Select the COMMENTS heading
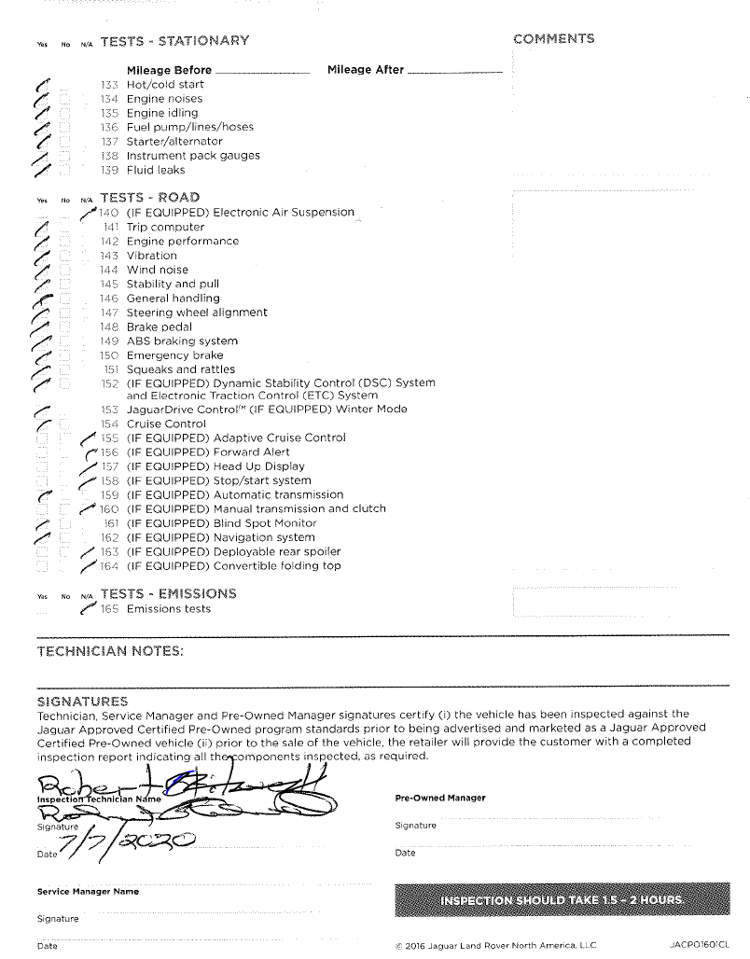click(553, 38)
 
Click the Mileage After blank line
click(455, 72)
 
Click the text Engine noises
click(164, 98)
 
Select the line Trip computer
click(165, 227)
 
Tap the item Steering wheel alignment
click(197, 313)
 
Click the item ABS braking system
click(182, 341)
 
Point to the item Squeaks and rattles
click(181, 369)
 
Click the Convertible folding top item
click(277, 565)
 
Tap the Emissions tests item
click(168, 609)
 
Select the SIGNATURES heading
click(82, 701)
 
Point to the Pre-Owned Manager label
click(440, 798)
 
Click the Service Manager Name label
click(88, 891)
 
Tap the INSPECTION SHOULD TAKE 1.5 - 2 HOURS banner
click(560, 900)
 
